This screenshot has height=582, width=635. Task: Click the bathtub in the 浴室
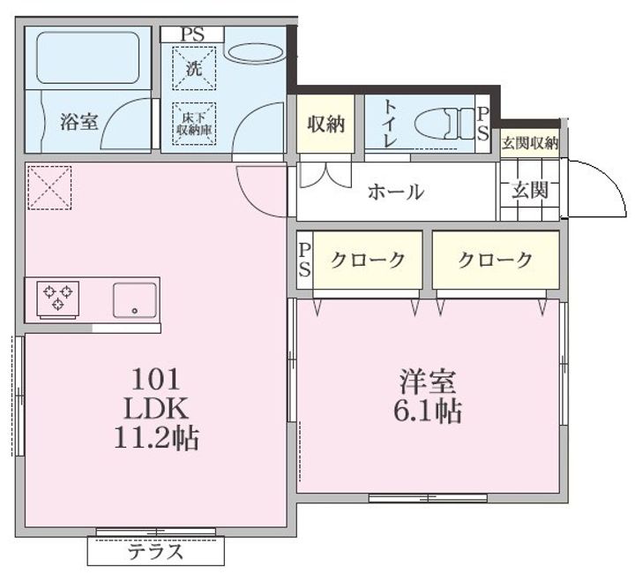tap(88, 57)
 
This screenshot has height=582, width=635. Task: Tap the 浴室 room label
tap(79, 121)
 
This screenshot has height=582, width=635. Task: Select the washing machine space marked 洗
tap(194, 68)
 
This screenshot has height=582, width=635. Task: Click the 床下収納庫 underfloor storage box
tap(194, 124)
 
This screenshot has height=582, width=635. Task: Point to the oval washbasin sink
tap(255, 53)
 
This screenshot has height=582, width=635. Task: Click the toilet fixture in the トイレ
tap(444, 123)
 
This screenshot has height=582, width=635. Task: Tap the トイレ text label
tap(389, 123)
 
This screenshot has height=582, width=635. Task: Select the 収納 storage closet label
tap(325, 124)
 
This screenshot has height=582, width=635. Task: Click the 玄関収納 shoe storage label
tap(530, 143)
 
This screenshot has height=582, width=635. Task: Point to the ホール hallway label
tap(396, 192)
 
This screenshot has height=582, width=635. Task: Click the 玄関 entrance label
tap(529, 190)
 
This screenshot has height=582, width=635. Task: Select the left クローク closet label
tap(367, 260)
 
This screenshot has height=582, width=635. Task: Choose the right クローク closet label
tap(495, 260)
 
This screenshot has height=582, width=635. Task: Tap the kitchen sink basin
tap(134, 300)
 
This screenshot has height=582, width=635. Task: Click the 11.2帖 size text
tap(156, 438)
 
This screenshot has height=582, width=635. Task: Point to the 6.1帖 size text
tap(428, 412)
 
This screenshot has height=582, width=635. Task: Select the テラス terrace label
tap(156, 552)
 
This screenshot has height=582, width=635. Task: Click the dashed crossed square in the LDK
tap(49, 187)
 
